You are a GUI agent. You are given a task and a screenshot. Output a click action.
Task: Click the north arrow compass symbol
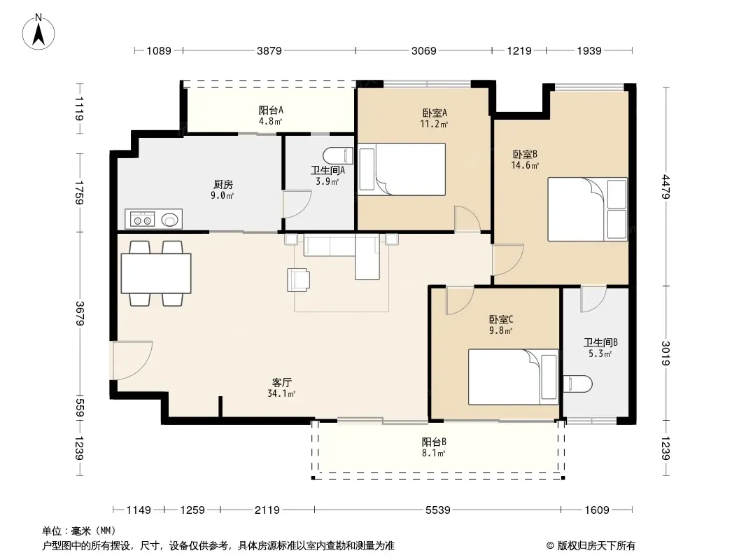coord(38,32)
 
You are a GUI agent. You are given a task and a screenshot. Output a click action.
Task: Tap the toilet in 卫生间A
coord(338,155)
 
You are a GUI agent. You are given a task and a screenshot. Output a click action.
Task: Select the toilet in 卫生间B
coord(577,384)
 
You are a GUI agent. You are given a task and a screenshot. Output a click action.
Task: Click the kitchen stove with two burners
coord(142,220)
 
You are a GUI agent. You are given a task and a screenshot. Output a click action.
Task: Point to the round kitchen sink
coord(170,219)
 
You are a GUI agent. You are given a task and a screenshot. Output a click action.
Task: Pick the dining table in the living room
coord(156,273)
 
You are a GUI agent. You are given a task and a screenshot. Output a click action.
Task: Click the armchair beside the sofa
coord(298,279)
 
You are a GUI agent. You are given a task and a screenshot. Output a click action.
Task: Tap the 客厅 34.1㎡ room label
coord(281,388)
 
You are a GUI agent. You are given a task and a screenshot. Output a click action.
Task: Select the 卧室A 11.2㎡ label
coord(435,118)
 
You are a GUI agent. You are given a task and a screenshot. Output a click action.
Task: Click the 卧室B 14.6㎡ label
coord(525,160)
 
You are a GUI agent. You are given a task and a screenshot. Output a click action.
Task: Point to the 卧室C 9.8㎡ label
coord(501,325)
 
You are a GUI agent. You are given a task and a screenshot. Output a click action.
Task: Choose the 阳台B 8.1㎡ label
coord(434,447)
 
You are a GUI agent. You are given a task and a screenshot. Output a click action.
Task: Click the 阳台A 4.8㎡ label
coord(271,115)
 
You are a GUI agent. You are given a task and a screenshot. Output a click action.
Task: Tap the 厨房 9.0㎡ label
coord(223,190)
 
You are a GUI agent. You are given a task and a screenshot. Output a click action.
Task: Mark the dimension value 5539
coord(437,510)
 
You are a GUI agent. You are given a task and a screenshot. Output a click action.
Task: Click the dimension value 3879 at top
coord(269,50)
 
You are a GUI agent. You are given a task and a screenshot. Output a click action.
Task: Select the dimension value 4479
coord(665,187)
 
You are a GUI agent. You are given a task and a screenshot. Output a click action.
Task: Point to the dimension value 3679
coord(80,314)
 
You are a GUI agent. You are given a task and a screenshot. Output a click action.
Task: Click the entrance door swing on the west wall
coord(133,360)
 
